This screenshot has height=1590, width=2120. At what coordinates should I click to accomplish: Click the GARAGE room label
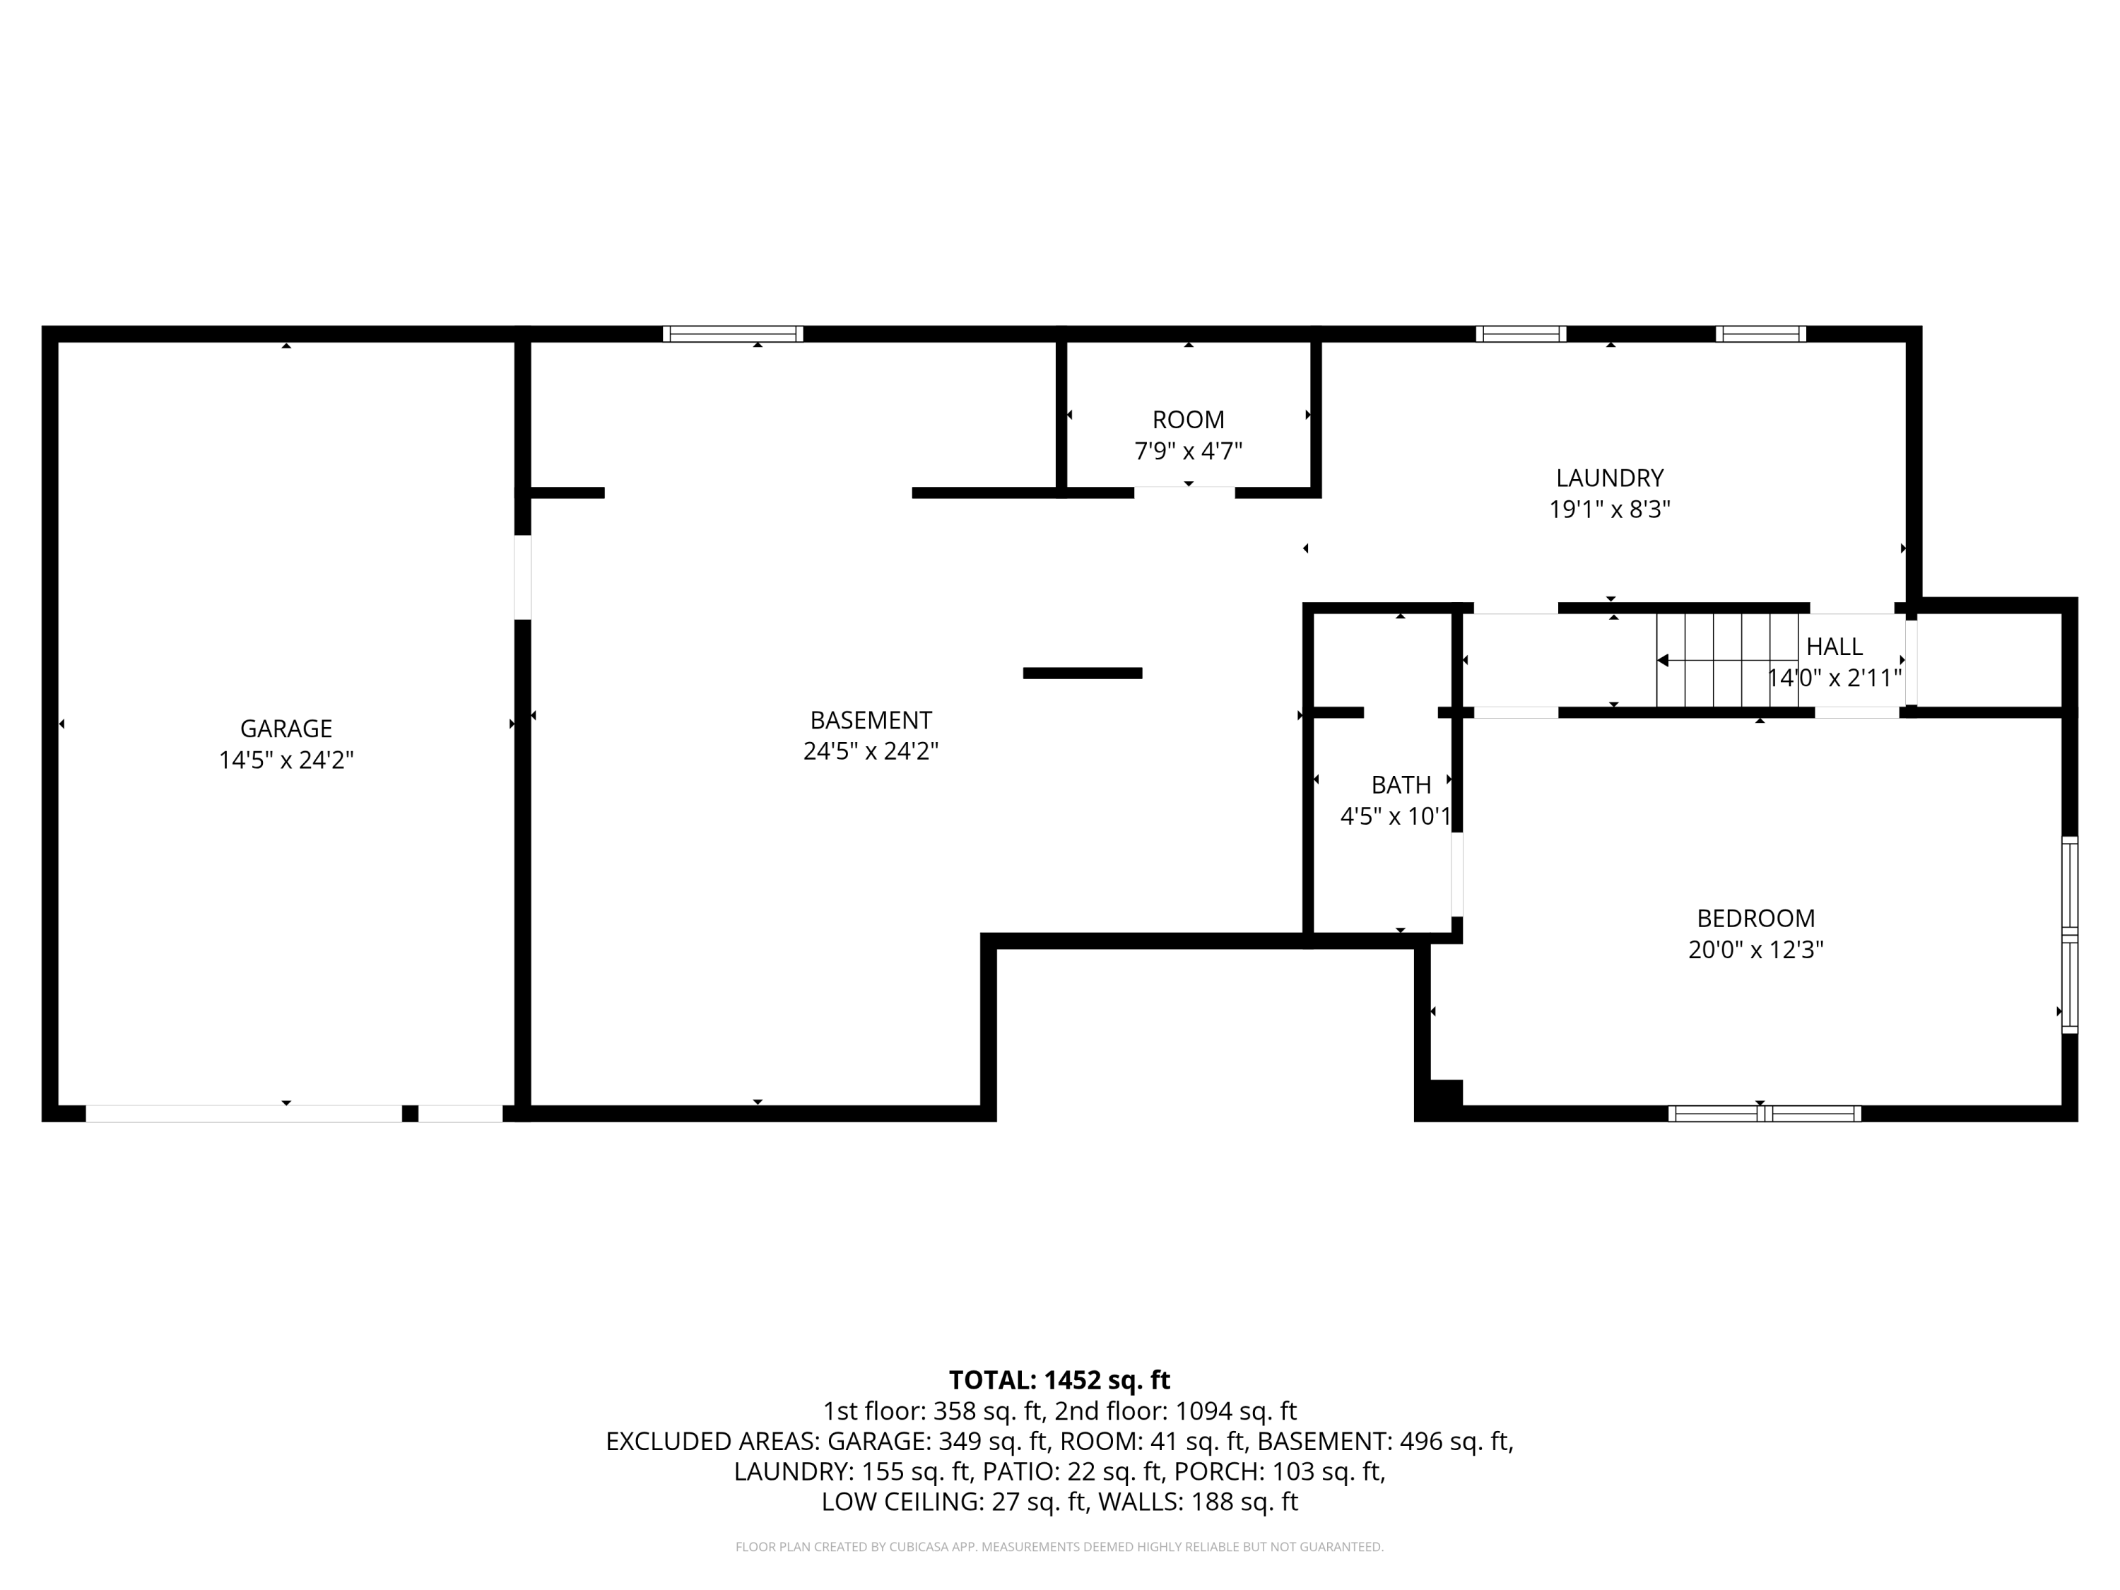coord(285,729)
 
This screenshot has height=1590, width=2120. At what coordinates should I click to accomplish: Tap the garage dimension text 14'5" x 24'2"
coord(285,760)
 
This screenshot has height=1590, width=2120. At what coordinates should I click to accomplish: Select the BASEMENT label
coord(870,720)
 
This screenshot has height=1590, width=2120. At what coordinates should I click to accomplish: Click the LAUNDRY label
coord(1609,477)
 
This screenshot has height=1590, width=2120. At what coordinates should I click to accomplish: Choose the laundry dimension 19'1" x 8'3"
coord(1609,509)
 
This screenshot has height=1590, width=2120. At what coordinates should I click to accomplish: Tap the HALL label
coord(1833,646)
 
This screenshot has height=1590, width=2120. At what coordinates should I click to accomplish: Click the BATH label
coord(1400,785)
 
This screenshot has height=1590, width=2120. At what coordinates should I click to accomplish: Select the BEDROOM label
coord(1755,918)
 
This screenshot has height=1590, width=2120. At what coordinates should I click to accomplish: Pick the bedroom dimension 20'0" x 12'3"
coord(1755,950)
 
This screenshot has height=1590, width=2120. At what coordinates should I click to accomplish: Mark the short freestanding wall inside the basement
coord(1082,673)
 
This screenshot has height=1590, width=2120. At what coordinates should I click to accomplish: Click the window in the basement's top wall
coord(732,334)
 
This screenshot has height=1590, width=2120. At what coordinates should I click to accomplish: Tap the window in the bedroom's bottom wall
coord(1763,1114)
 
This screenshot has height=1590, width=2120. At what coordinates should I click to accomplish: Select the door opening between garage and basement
coord(522,577)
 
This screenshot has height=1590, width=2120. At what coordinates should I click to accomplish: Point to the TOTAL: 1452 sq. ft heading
coord(1059,1380)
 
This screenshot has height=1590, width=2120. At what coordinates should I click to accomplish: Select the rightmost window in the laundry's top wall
coord(1760,334)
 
